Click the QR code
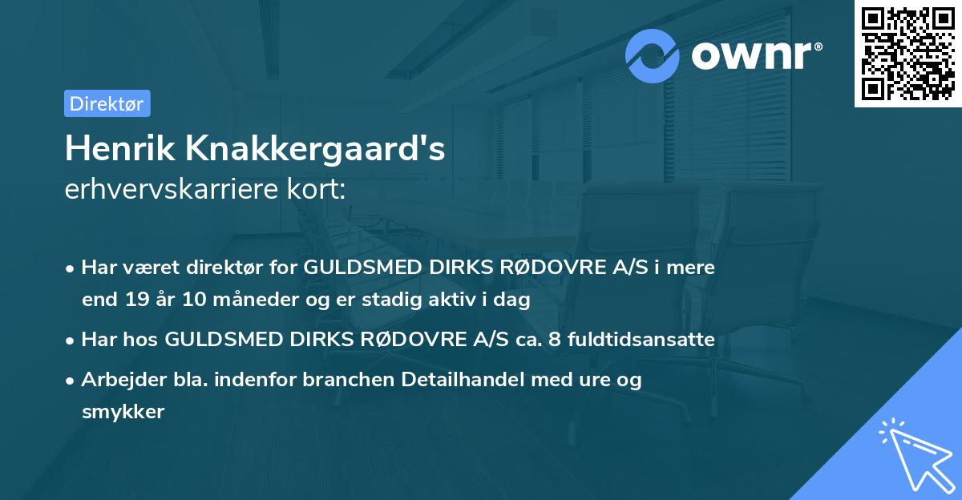[x=907, y=54]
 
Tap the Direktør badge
[x=107, y=103]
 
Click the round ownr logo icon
[x=653, y=56]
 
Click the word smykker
[x=123, y=412]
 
